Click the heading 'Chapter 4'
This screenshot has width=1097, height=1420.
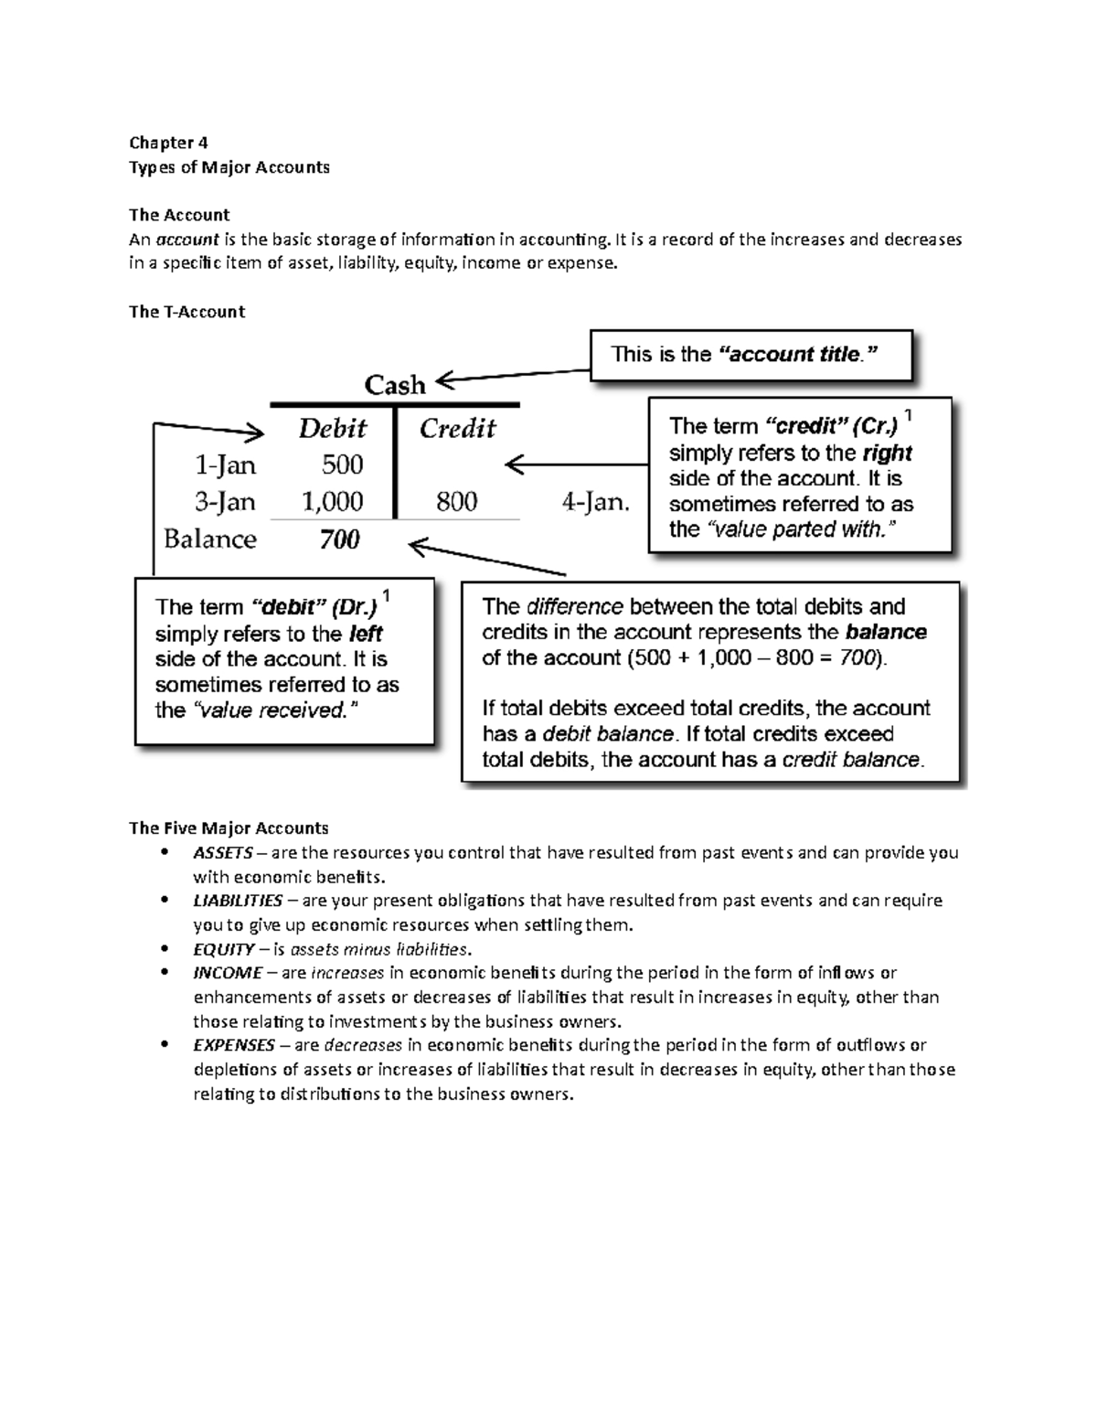(168, 143)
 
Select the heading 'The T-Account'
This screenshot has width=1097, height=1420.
(186, 312)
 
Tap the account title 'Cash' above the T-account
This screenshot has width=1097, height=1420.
(395, 385)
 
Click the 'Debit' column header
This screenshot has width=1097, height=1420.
(332, 429)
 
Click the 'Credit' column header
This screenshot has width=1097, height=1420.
(457, 429)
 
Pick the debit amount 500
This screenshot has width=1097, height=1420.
(342, 465)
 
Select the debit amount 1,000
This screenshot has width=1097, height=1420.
(332, 502)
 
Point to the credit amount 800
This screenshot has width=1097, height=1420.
(456, 502)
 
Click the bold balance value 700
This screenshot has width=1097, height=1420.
(339, 539)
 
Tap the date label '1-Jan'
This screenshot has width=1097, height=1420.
(225, 465)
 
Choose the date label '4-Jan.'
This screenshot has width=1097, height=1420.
(594, 502)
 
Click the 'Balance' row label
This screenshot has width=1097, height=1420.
(210, 539)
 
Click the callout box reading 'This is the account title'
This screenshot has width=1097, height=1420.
(751, 355)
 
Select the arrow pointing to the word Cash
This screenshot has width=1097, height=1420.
(512, 376)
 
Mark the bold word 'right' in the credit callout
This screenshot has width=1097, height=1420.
(886, 454)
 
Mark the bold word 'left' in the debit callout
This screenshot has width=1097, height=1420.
(366, 634)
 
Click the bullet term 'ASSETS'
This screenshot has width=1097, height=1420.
(222, 853)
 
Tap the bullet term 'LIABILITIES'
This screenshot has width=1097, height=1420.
(238, 901)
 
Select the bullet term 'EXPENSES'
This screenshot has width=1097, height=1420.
(233, 1045)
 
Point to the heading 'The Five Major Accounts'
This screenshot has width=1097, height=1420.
(229, 828)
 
